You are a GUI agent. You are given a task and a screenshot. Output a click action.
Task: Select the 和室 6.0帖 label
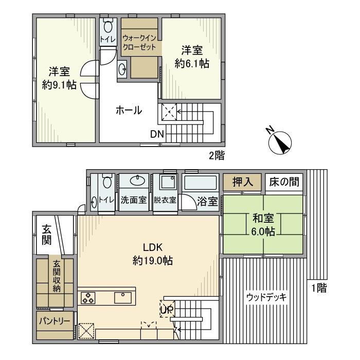[262, 225]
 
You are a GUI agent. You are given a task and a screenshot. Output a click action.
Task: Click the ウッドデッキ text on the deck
[266, 297]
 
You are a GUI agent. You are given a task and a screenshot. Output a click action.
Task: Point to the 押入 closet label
[242, 183]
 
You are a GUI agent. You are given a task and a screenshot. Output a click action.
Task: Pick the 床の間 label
[283, 183]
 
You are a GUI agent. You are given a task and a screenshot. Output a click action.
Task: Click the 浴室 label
[208, 201]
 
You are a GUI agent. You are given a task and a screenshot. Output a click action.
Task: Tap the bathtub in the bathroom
[201, 183]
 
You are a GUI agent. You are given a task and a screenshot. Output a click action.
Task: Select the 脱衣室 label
[165, 201]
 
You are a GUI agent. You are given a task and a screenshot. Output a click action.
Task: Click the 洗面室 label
[134, 201]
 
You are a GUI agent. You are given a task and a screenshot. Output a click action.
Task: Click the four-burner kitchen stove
[87, 298]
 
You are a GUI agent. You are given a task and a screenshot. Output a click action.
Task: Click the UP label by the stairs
[166, 310]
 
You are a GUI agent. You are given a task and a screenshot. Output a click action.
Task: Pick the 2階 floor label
[216, 155]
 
